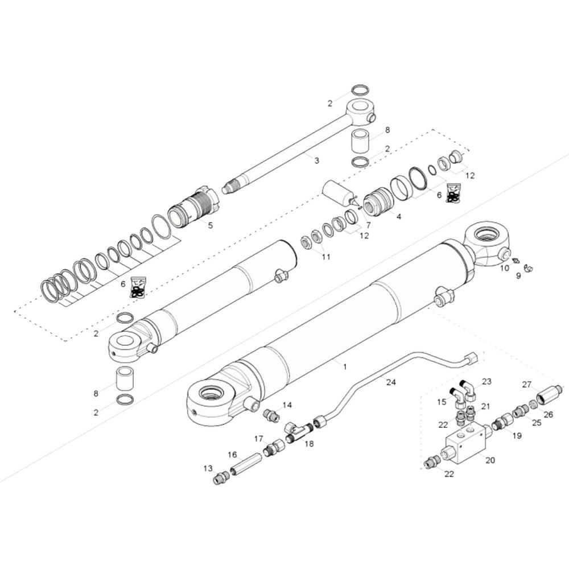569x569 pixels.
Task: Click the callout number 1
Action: pyautogui.click(x=345, y=367)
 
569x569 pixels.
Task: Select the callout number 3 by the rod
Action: pyautogui.click(x=317, y=161)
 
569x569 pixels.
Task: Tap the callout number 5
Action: pyautogui.click(x=210, y=225)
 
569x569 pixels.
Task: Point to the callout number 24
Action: pyautogui.click(x=390, y=383)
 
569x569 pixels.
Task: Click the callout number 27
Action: pyautogui.click(x=526, y=384)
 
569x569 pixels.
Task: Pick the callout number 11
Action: pyautogui.click(x=325, y=257)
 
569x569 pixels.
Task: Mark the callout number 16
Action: pyautogui.click(x=232, y=455)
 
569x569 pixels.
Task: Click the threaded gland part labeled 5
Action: pyautogui.click(x=195, y=208)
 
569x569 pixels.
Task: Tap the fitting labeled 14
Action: pyautogui.click(x=271, y=416)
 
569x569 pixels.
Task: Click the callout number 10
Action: pyautogui.click(x=505, y=267)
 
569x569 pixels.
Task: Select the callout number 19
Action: pyautogui.click(x=517, y=436)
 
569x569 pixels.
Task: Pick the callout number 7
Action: pyautogui.click(x=368, y=225)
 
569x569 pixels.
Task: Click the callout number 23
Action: pyautogui.click(x=487, y=381)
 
